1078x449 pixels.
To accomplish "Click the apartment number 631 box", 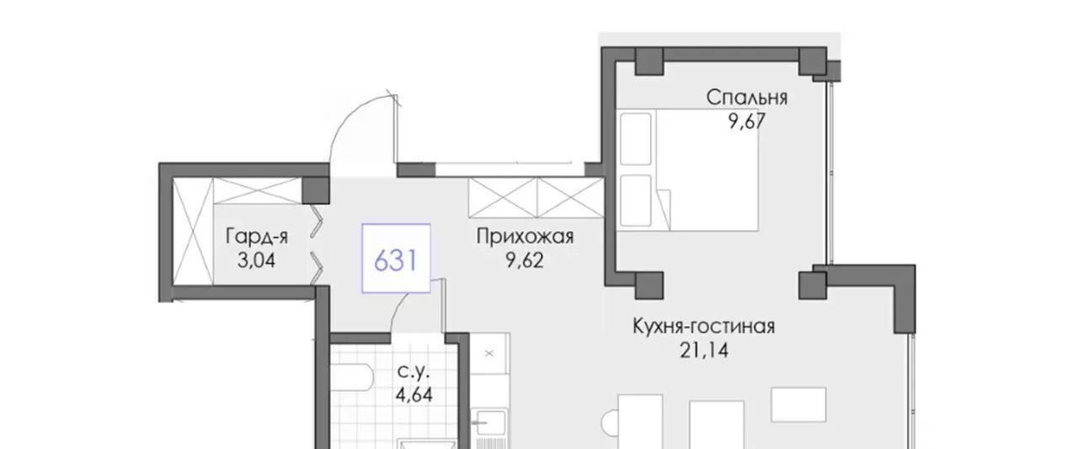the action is point(396,259).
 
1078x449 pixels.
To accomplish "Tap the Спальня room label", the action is point(747,98).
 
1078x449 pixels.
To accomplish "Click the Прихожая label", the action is point(525,237).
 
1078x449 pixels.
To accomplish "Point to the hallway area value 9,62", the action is point(524,260).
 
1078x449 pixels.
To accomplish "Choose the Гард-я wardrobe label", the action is point(257,236).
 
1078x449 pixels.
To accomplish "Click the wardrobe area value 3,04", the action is point(257,260).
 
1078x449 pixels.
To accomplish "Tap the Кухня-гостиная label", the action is point(703,326).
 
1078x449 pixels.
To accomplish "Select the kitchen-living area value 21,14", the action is point(704,350).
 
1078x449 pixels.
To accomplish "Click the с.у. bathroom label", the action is point(413,372).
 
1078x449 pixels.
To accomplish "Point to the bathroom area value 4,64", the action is point(414,395).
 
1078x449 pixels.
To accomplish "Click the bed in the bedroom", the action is point(687,170).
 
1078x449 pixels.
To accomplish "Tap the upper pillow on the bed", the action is point(636,139).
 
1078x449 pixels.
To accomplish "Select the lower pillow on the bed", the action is point(636,200).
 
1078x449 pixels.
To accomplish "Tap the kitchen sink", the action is point(489,423).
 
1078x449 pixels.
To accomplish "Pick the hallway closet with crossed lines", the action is point(536,197).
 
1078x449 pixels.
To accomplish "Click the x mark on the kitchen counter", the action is point(489,354).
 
